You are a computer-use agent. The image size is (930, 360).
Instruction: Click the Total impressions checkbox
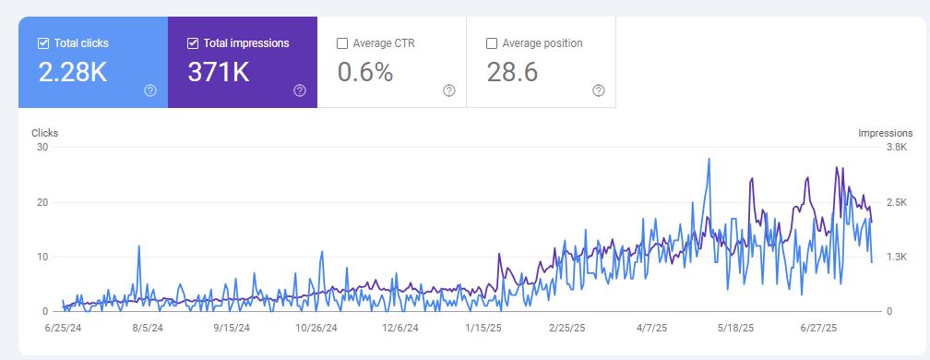(193, 43)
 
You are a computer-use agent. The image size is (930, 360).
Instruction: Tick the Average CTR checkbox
(342, 43)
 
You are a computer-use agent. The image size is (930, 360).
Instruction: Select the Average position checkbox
(491, 43)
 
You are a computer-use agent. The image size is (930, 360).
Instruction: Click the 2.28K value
(73, 72)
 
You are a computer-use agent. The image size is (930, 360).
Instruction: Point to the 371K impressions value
(219, 72)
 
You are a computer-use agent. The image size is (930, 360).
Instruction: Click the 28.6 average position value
(513, 72)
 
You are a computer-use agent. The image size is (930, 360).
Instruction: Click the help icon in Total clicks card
(150, 90)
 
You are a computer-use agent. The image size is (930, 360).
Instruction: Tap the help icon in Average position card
(598, 90)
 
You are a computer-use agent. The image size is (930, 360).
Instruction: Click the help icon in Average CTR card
(449, 90)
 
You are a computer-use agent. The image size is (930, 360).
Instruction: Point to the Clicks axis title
(44, 133)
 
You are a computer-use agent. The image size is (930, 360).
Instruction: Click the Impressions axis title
(885, 133)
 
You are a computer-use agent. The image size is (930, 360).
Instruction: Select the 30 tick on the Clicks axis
(42, 148)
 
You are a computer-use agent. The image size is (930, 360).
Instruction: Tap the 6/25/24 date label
(63, 327)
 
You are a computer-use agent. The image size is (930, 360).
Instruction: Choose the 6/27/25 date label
(817, 327)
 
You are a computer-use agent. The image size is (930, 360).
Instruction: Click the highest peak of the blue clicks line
(709, 159)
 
